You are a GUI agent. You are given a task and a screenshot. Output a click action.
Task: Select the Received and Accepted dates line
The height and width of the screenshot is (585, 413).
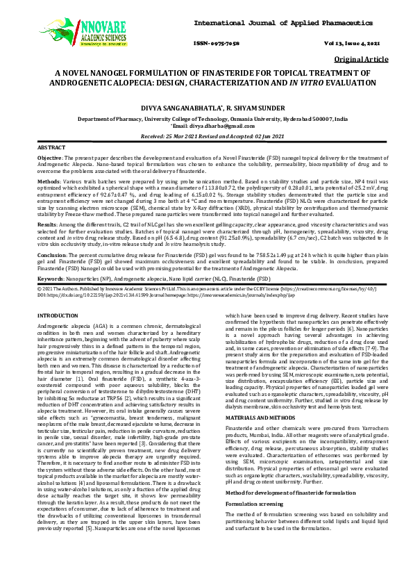pyautogui.click(x=206, y=137)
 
